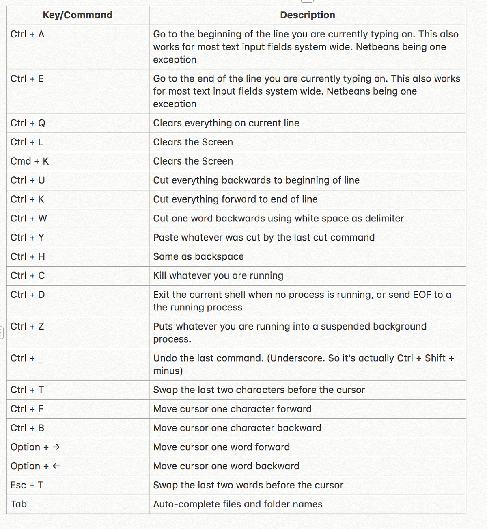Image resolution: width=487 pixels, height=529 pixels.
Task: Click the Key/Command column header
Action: coord(78,15)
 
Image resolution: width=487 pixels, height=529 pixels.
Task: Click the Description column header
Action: coord(308,15)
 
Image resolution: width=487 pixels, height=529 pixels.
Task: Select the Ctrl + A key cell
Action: coord(27,34)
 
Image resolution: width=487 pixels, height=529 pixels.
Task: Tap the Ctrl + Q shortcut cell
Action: coord(28,123)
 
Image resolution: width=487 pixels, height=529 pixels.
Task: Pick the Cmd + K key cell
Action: coord(30,161)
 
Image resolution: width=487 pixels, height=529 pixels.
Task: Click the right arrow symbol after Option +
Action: coord(56,447)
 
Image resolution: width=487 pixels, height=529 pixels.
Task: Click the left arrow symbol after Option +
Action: coord(56,466)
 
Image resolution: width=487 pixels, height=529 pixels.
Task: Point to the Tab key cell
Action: coord(19,504)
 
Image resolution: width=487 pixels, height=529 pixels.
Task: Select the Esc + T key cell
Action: coord(27,485)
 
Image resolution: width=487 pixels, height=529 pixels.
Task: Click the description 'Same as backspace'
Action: coord(198,256)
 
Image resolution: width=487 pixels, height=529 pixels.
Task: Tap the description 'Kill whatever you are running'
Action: coord(218,275)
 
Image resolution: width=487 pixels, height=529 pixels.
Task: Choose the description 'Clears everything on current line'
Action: coord(226,123)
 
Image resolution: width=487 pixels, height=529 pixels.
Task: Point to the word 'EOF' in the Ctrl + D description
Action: coord(422,295)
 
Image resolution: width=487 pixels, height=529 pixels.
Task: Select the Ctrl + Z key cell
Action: coord(27,326)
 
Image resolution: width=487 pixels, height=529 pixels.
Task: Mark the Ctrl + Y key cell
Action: coord(27,237)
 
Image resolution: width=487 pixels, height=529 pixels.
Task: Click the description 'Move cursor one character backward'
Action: coord(237,428)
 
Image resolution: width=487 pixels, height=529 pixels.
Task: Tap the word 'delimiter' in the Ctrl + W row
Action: coord(384,218)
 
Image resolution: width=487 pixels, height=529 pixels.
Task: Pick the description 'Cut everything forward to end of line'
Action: coord(235,199)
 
